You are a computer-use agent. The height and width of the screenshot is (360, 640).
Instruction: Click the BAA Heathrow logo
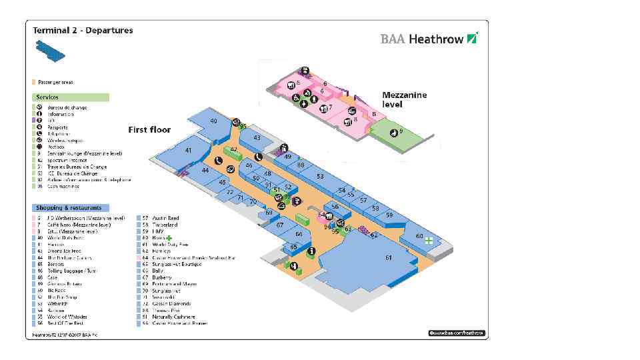[429, 39]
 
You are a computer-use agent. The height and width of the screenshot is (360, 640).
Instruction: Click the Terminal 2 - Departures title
[83, 30]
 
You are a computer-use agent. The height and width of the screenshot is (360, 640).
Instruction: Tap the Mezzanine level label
[404, 99]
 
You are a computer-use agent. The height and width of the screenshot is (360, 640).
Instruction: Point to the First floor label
[149, 129]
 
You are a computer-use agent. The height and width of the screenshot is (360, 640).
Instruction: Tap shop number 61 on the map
[388, 258]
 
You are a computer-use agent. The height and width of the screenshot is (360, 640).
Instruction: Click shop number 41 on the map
[189, 151]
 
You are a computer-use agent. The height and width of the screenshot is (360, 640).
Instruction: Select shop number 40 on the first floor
[213, 121]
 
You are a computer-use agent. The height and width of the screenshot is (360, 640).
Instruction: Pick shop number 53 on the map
[320, 176]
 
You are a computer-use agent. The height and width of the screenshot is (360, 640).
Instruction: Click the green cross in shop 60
[430, 240]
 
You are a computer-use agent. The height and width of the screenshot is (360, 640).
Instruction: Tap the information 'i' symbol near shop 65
[311, 251]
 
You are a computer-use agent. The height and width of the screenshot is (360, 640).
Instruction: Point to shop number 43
[257, 138]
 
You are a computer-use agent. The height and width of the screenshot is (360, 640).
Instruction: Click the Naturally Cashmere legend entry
[174, 317]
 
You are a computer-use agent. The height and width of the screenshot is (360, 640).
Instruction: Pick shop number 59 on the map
[389, 215]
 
